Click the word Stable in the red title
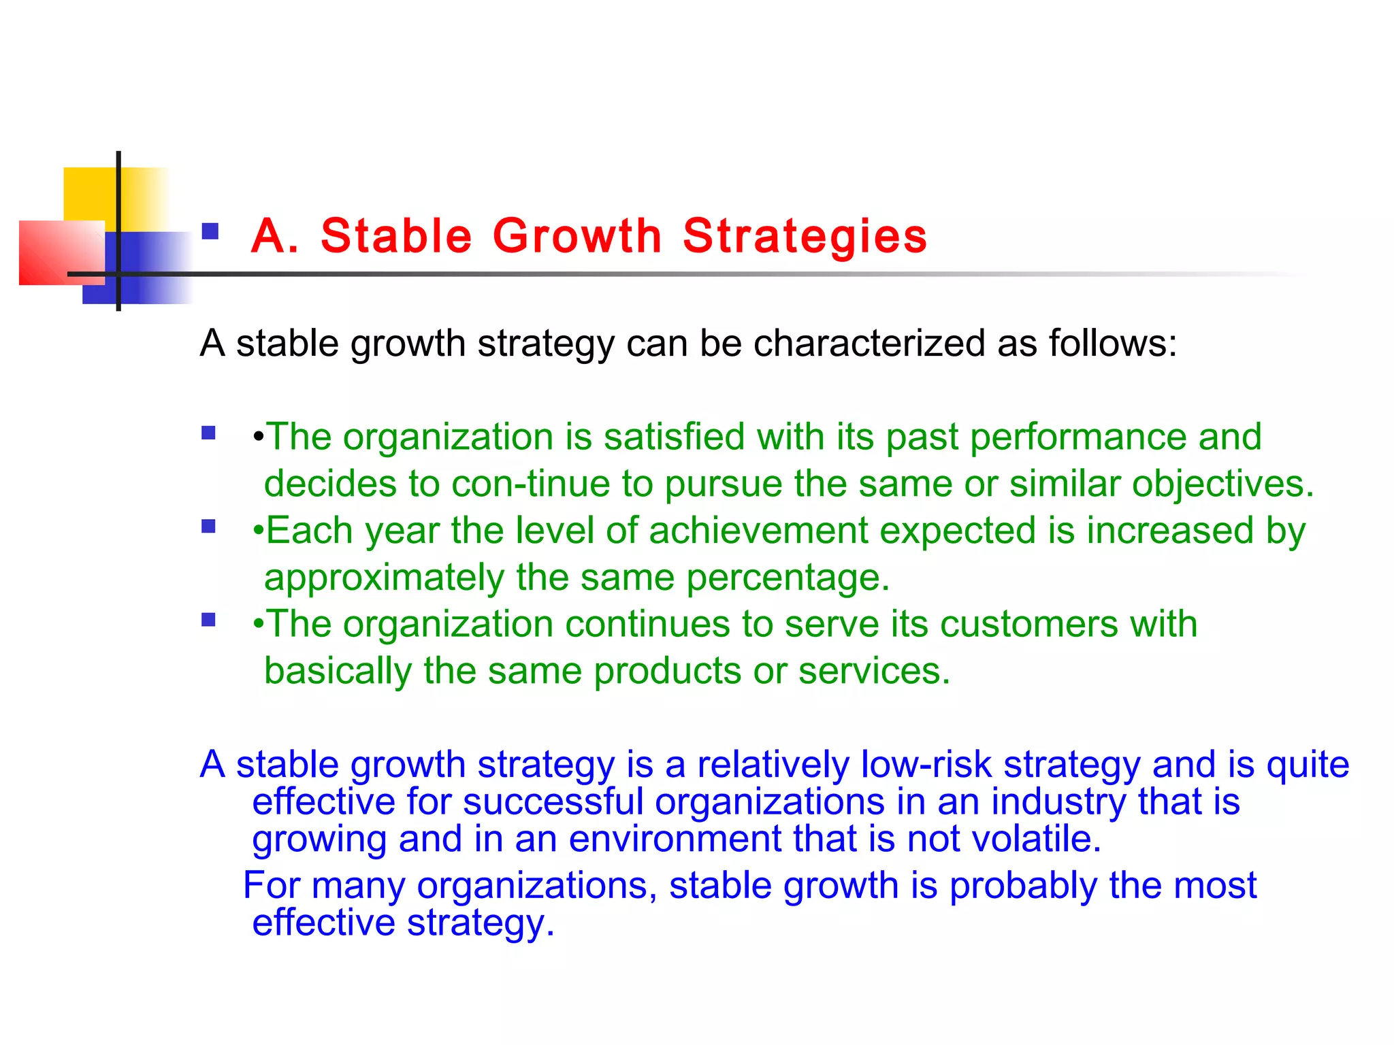click(x=396, y=236)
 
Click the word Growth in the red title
click(x=577, y=236)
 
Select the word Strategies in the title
click(x=805, y=236)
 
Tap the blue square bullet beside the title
click(x=210, y=232)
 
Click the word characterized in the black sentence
click(x=869, y=343)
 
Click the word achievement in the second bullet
click(x=758, y=530)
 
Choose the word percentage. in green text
click(x=788, y=578)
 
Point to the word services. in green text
click(x=874, y=671)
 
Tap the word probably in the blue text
click(x=1022, y=886)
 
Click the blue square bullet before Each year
click(x=208, y=526)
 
